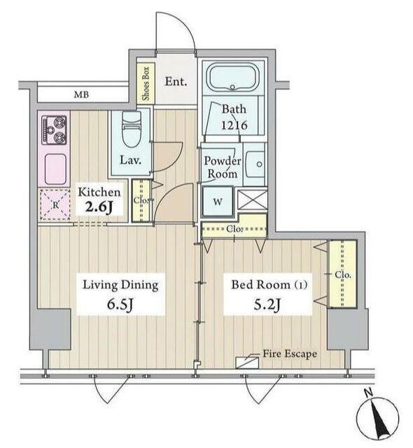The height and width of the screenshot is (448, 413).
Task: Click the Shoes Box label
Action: pyautogui.click(x=146, y=83)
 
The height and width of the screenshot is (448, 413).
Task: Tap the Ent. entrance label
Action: pyautogui.click(x=176, y=82)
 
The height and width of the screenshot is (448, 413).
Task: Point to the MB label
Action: pyautogui.click(x=81, y=94)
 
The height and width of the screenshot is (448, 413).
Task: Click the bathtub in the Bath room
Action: pyautogui.click(x=232, y=77)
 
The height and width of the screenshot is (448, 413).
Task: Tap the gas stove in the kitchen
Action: pyautogui.click(x=55, y=130)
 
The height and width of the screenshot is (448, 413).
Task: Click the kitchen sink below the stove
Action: pyautogui.click(x=56, y=169)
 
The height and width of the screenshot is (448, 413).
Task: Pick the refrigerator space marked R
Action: pyautogui.click(x=55, y=204)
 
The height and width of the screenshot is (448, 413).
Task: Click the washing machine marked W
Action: pyautogui.click(x=218, y=201)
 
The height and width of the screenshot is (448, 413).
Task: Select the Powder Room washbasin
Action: pyautogui.click(x=255, y=164)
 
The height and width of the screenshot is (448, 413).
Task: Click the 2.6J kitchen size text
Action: pyautogui.click(x=99, y=208)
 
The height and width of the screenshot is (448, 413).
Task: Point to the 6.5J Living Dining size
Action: pyautogui.click(x=120, y=304)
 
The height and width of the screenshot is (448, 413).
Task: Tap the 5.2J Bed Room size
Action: pyautogui.click(x=267, y=304)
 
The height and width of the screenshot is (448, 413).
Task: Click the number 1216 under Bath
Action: pyautogui.click(x=234, y=125)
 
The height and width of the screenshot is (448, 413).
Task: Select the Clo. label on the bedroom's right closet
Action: pyautogui.click(x=343, y=275)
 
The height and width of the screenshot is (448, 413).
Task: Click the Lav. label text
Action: pyautogui.click(x=130, y=160)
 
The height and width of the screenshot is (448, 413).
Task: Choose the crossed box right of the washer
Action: pyautogui.click(x=252, y=199)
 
